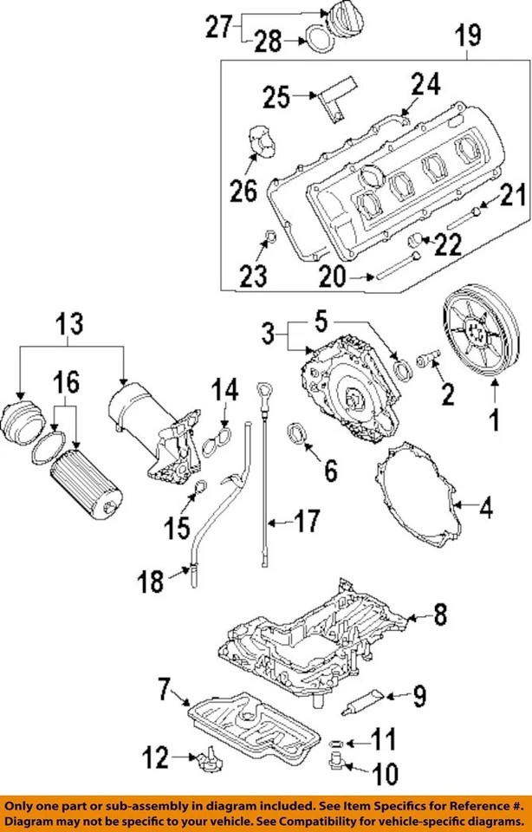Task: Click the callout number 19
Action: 468,36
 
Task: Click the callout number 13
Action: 70,325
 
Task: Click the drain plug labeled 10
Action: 334,764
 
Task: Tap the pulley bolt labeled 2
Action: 428,358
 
